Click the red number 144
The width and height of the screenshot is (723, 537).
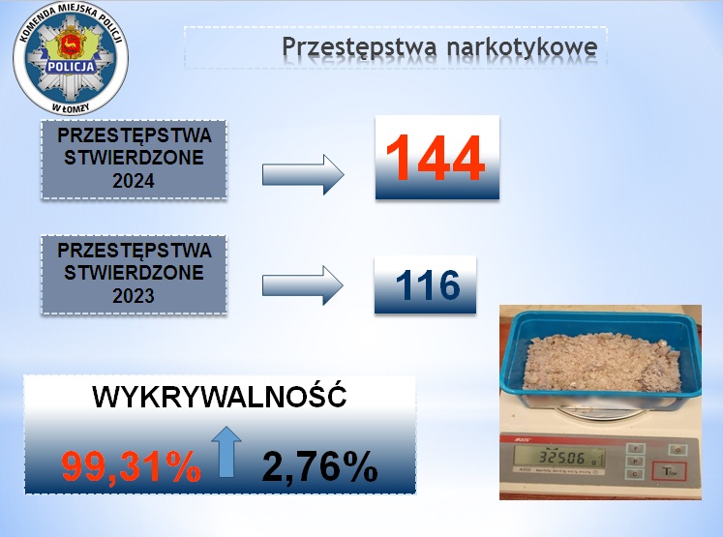[x=436, y=158]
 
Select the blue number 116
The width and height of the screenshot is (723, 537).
[x=428, y=284]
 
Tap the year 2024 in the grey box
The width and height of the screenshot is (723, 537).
[x=134, y=181]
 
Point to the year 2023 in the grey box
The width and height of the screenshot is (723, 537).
[x=134, y=295]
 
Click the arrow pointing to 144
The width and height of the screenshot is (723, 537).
[x=303, y=175]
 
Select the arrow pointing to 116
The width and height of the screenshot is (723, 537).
[x=303, y=285]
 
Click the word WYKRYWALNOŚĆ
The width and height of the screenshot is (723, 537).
[x=220, y=396]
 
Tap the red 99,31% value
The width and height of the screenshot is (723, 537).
[x=132, y=466]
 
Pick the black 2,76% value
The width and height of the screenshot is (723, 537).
[x=320, y=466]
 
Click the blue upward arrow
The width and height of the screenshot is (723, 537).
[x=226, y=452]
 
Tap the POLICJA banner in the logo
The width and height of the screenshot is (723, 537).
[x=71, y=67]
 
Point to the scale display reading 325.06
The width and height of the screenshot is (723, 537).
[x=558, y=459]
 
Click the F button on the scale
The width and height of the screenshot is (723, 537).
[x=635, y=449]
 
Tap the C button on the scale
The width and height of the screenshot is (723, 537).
[x=635, y=474]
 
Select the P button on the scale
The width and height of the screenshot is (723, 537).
[x=635, y=461]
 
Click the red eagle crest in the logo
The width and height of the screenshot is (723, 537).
[x=71, y=44]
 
